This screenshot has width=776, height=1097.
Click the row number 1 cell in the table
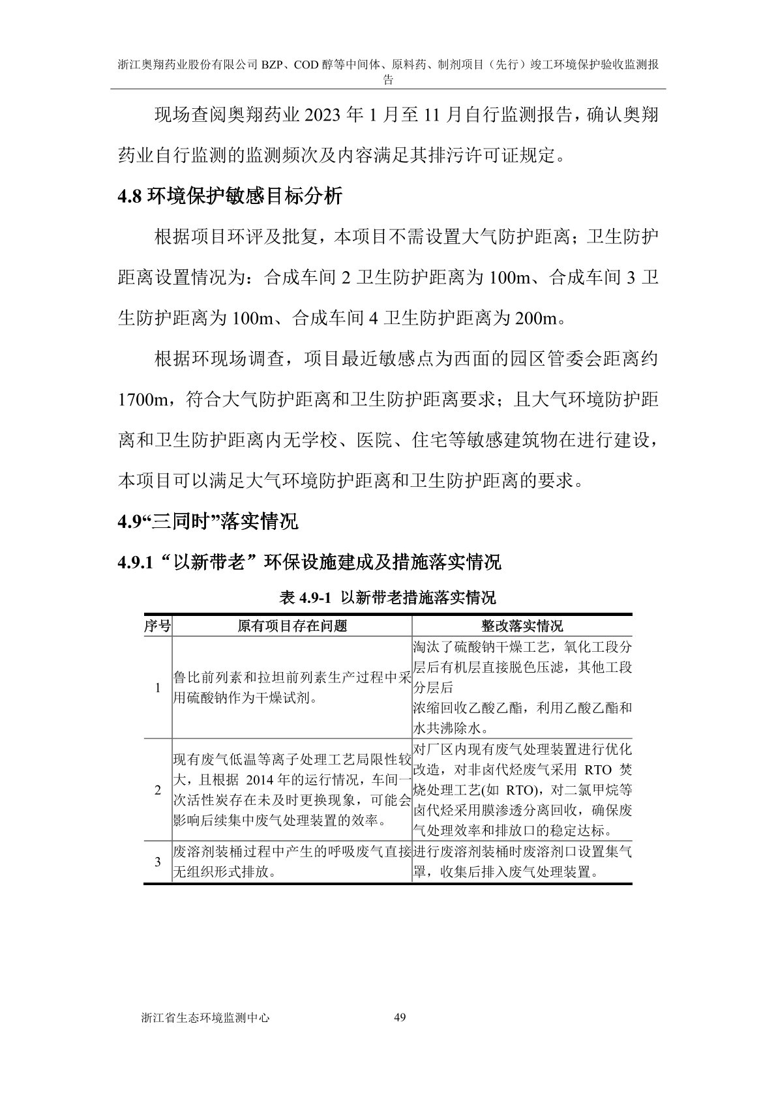(157, 688)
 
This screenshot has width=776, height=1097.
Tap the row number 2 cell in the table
(157, 790)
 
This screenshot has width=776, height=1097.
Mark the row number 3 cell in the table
(157, 862)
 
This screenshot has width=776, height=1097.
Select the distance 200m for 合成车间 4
(537, 319)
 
